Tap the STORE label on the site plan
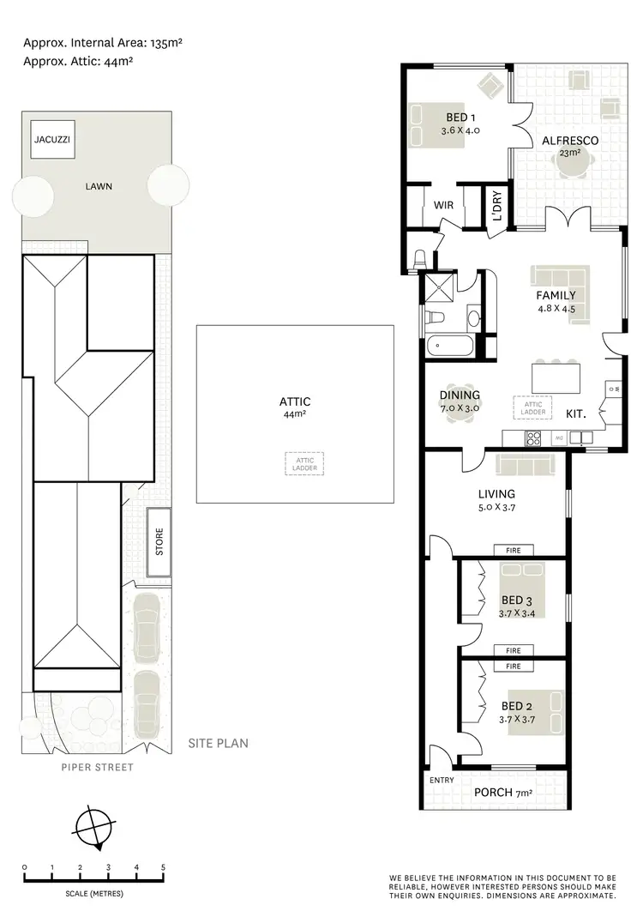point(159,543)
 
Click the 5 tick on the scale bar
point(163,868)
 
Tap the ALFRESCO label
point(568,141)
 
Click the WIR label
point(443,206)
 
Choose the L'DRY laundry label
point(496,207)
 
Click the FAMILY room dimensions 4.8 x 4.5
point(556,309)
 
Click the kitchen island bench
point(556,377)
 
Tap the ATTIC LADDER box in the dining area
point(532,407)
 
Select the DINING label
point(460,395)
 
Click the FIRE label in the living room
point(514,550)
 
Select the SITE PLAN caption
point(218,743)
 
